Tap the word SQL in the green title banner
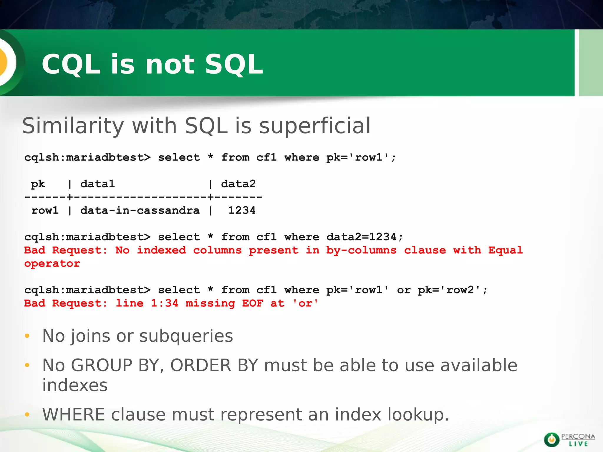pyautogui.click(x=234, y=64)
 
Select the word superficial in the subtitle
pyautogui.click(x=315, y=126)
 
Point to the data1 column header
pyautogui.click(x=97, y=184)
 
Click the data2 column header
pyautogui.click(x=238, y=184)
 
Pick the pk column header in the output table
pyautogui.click(x=38, y=184)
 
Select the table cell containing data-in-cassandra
pyautogui.click(x=140, y=210)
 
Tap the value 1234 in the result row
pyautogui.click(x=242, y=210)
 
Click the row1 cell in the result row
pyautogui.click(x=45, y=210)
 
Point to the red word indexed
pyautogui.click(x=161, y=250)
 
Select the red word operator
pyautogui.click(x=52, y=264)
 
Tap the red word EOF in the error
pyautogui.click(x=253, y=303)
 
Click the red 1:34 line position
pyautogui.click(x=165, y=303)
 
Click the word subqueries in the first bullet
pyautogui.click(x=186, y=336)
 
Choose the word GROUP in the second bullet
pyautogui.click(x=102, y=365)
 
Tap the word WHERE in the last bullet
pyautogui.click(x=74, y=415)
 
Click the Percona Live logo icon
pyautogui.click(x=551, y=440)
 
